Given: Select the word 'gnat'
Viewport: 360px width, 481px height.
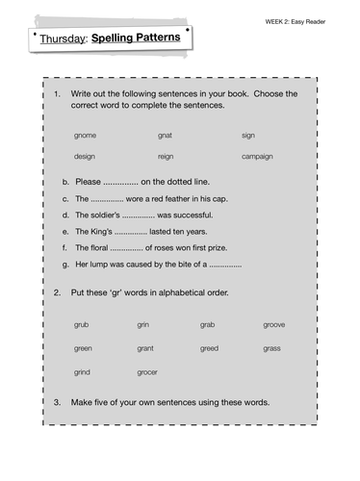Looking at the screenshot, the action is tap(166, 136).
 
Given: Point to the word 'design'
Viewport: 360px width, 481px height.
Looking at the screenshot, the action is tap(85, 156).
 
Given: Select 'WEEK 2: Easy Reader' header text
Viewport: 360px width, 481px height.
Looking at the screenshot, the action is tap(307, 20).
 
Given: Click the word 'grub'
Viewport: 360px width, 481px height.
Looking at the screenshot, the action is tap(82, 324).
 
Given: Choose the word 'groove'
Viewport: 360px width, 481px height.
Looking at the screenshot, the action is tap(274, 324).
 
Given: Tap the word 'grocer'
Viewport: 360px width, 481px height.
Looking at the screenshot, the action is tap(148, 371).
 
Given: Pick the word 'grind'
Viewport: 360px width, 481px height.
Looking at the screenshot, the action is tap(83, 371).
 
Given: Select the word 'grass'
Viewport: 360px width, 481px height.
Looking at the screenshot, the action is tap(272, 347).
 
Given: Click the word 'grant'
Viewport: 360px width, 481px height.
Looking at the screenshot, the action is tap(145, 347).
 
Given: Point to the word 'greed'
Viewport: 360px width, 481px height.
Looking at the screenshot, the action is tap(209, 347).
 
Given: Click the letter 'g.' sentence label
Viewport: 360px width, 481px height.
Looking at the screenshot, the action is tap(64, 264).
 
